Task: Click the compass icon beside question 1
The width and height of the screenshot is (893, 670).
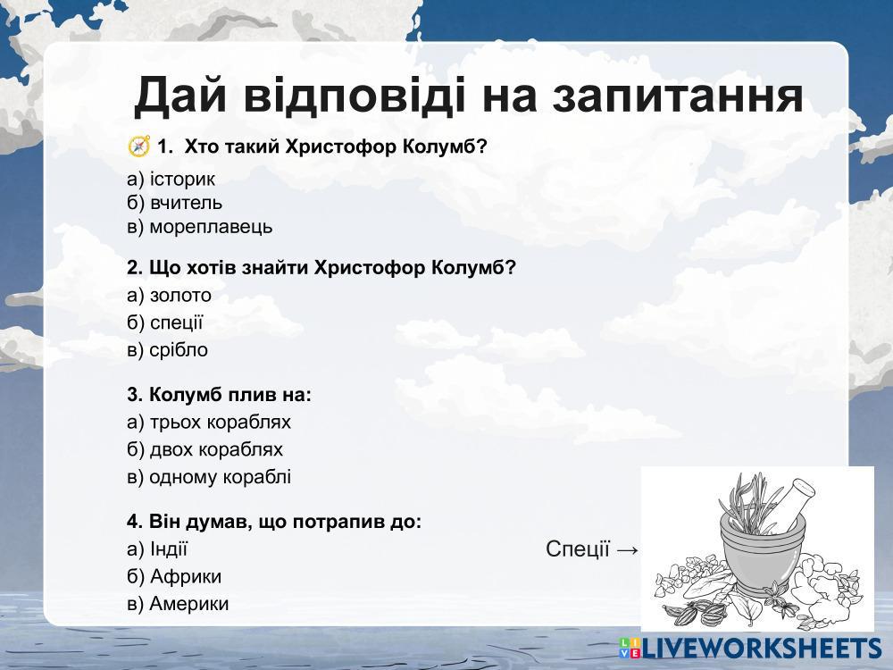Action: click(x=138, y=147)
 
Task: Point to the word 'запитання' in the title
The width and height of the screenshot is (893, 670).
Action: click(x=678, y=96)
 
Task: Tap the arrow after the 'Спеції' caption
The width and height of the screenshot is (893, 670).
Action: click(x=627, y=549)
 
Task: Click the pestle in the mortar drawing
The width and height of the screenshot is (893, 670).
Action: click(x=791, y=503)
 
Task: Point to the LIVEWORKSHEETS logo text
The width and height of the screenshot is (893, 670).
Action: click(x=762, y=649)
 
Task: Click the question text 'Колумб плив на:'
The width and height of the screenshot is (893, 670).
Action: click(x=220, y=394)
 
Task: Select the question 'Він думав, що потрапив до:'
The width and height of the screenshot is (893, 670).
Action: click(x=274, y=522)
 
